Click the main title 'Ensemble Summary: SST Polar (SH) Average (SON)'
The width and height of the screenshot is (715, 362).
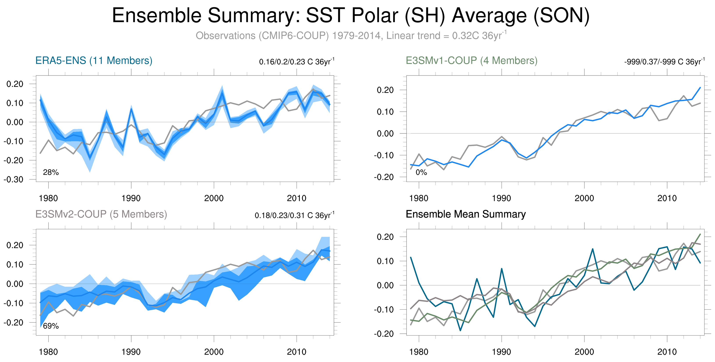click(x=351, y=16)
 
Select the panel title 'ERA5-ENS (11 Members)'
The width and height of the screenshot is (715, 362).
click(x=94, y=61)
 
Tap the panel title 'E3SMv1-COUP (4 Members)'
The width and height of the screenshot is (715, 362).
click(x=471, y=61)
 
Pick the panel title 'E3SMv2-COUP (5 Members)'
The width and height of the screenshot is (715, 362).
click(x=101, y=214)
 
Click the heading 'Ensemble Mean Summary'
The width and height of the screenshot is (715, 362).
click(x=465, y=214)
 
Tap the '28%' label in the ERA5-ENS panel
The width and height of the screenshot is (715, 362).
click(x=51, y=172)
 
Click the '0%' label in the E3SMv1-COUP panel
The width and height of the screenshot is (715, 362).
click(x=421, y=172)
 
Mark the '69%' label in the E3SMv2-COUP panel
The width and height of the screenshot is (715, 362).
click(x=51, y=326)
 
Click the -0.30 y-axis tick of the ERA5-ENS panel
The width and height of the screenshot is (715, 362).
click(x=14, y=179)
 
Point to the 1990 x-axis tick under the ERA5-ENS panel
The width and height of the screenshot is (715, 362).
click(x=131, y=198)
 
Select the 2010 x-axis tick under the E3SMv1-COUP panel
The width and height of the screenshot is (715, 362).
click(x=667, y=198)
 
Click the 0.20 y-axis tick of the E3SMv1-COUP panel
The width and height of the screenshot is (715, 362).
click(x=385, y=90)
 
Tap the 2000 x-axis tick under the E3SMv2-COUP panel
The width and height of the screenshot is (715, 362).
click(x=214, y=352)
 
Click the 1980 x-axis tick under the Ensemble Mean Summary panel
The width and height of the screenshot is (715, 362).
click(x=419, y=352)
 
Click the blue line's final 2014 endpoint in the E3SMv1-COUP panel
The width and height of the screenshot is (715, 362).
click(x=700, y=88)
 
